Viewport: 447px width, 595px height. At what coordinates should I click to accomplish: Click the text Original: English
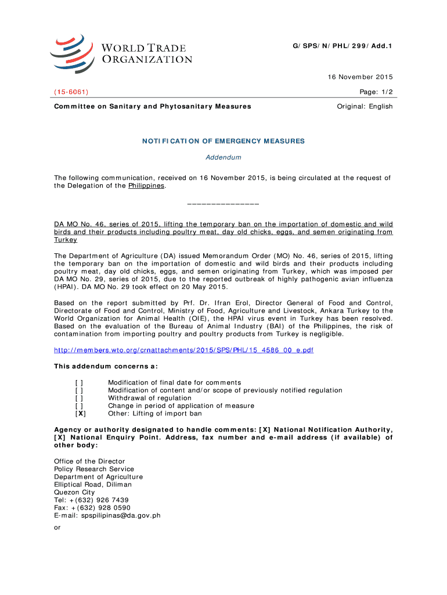tap(365, 106)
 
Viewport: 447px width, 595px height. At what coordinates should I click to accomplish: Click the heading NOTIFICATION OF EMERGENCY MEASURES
tap(223, 141)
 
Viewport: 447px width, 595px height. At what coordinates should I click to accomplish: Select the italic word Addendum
tap(223, 157)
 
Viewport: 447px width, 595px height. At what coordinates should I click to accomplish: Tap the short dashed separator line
tap(223, 204)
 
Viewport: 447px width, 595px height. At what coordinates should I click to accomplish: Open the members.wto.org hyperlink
tap(183, 351)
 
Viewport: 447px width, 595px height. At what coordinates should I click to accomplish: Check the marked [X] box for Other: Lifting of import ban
tap(80, 414)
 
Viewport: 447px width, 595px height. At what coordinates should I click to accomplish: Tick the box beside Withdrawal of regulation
tap(79, 398)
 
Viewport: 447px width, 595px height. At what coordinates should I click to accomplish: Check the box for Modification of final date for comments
tap(79, 382)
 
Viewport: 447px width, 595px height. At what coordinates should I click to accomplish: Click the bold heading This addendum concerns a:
tap(106, 367)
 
